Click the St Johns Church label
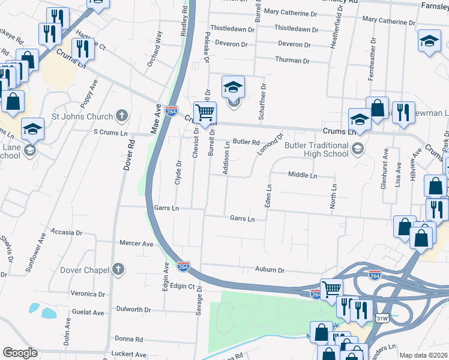click(x=82, y=116)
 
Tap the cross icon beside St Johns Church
click(x=122, y=115)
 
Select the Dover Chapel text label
click(x=85, y=270)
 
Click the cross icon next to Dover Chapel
click(x=119, y=269)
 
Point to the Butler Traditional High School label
click(x=317, y=149)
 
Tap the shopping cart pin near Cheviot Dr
click(x=205, y=112)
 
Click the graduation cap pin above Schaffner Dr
click(x=234, y=88)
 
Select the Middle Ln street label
click(x=302, y=175)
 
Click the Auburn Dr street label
click(x=269, y=270)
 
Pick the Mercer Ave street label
click(x=136, y=244)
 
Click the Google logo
click(x=20, y=352)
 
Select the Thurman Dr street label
click(x=292, y=61)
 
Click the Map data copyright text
click(x=423, y=355)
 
